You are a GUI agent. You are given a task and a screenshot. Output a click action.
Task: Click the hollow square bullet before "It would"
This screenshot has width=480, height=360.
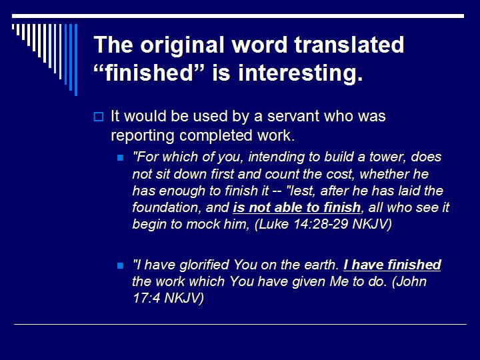coord(98,117)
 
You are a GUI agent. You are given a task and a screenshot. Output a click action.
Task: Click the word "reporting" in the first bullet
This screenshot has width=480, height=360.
coord(141,135)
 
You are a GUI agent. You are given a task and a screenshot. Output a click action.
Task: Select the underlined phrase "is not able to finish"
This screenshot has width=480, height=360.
coord(297,207)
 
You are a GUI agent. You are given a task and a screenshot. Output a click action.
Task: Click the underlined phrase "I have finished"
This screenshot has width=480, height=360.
coord(393,265)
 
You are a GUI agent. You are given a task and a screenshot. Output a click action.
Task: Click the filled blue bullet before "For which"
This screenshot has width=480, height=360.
coord(121,159)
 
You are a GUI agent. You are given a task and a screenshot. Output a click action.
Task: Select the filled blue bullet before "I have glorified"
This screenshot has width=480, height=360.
coord(121,265)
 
